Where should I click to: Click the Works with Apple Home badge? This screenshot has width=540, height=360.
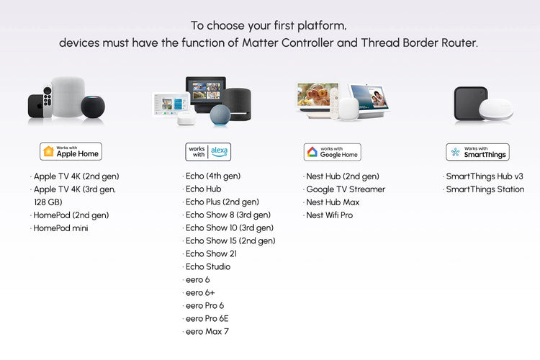[x=71, y=151]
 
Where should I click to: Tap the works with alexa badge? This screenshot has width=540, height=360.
[x=209, y=151]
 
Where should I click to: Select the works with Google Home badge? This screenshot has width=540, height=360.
[x=332, y=152]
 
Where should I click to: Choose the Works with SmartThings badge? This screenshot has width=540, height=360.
[x=477, y=151]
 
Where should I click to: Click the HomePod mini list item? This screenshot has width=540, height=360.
[x=61, y=228]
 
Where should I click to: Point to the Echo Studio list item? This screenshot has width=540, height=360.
[x=208, y=267]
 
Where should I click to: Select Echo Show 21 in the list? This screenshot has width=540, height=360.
[x=211, y=254]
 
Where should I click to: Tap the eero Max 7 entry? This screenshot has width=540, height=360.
[x=207, y=332]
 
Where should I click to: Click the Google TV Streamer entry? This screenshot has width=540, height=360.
[x=346, y=189]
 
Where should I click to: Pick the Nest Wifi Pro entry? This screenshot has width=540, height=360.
[x=329, y=215]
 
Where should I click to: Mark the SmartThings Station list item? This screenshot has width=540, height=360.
[x=485, y=189]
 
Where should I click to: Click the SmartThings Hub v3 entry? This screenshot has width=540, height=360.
[x=483, y=176]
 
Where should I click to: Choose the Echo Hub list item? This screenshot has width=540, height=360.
[x=203, y=189]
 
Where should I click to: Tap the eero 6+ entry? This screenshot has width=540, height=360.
[x=199, y=293]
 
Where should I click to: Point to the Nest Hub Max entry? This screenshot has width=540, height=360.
[x=333, y=202]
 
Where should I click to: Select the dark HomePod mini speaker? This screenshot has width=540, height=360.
[x=92, y=107]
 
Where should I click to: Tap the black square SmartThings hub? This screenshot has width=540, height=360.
[x=471, y=102]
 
